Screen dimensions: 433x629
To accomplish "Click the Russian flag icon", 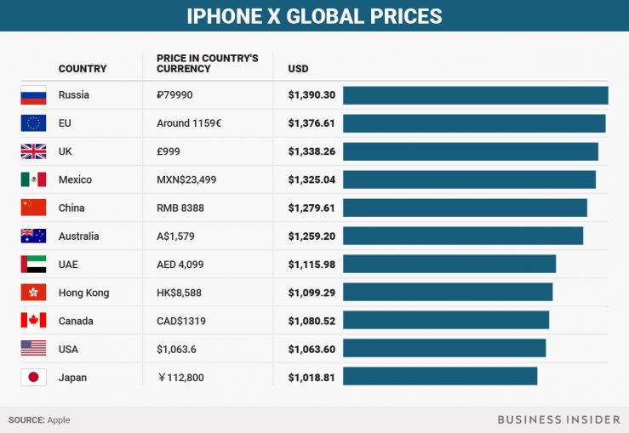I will click(33, 95).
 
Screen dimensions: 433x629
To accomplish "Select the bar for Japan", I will click(440, 377).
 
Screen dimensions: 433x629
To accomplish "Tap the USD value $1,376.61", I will click(312, 123).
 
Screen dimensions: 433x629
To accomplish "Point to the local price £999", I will click(169, 151).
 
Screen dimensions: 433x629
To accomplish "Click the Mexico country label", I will click(75, 179).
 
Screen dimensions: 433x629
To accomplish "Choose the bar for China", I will click(465, 208).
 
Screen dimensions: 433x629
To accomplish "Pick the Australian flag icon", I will click(33, 236).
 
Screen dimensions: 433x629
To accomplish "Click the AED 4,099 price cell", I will click(180, 265).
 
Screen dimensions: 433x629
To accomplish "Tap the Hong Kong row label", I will click(83, 293).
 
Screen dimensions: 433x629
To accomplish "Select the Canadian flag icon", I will click(33, 321).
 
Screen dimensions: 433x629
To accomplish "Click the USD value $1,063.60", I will click(312, 349).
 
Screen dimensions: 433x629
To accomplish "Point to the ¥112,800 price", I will click(180, 378).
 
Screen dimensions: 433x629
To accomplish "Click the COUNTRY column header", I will click(83, 68).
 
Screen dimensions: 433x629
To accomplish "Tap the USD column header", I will click(298, 68).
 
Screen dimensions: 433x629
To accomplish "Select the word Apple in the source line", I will click(59, 419).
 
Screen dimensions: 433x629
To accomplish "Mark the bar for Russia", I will click(476, 95).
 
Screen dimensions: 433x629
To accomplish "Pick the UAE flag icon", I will click(33, 265).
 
